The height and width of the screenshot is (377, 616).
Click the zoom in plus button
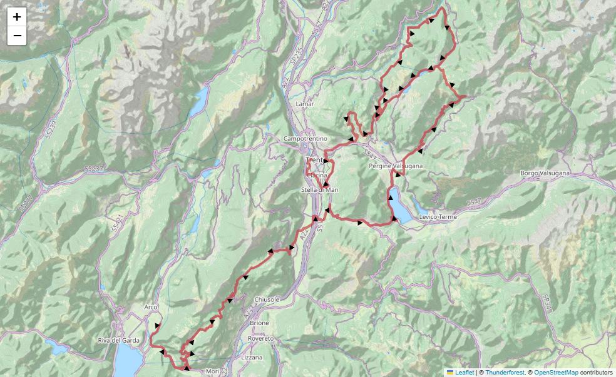click(17, 17)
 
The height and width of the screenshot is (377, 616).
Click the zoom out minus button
click(17, 36)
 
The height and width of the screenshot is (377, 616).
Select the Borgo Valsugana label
click(545, 173)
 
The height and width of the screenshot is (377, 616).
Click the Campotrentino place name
click(305, 138)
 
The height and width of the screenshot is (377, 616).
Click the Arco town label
click(150, 307)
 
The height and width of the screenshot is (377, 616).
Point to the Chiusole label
click(266, 299)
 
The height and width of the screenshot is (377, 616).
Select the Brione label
click(259, 323)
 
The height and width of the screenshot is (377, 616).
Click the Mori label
click(212, 371)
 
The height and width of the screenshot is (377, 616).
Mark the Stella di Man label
click(319, 189)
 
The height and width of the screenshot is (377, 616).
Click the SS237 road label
click(94, 169)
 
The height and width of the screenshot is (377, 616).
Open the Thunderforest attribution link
click(505, 372)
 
